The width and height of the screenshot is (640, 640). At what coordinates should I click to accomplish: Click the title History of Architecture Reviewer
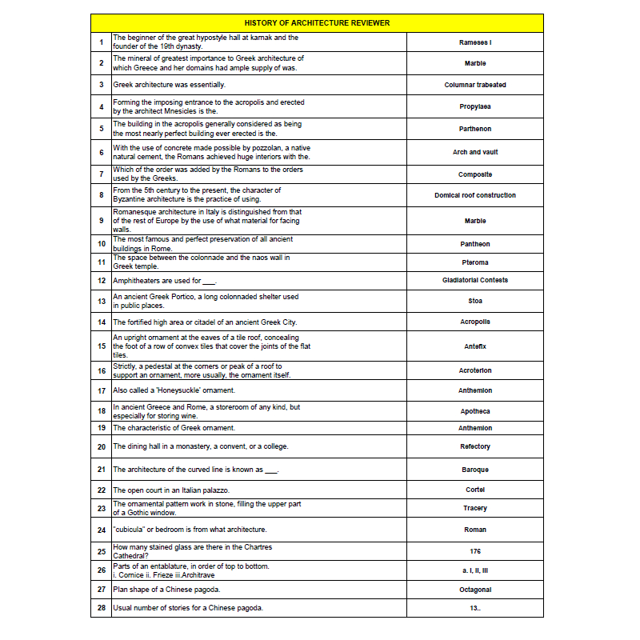pos(317,23)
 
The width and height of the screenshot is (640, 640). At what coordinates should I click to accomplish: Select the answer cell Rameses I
pos(475,42)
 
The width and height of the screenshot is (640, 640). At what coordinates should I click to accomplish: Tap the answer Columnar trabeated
pos(475,85)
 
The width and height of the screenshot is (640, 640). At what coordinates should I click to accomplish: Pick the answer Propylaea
pos(475,106)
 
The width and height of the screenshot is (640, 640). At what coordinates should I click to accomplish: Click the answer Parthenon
pos(475,129)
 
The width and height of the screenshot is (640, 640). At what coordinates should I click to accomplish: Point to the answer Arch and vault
pos(475,152)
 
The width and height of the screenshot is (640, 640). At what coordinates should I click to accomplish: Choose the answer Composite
pos(475,174)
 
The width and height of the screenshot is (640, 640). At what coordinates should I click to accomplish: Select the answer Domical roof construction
pos(475,195)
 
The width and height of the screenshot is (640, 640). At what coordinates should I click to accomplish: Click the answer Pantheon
pos(475,244)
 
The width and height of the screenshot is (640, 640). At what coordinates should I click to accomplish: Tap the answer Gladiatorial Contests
pos(475,280)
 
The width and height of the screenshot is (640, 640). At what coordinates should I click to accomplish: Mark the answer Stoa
pos(475,301)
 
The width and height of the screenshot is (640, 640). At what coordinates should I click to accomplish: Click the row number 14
pos(102,322)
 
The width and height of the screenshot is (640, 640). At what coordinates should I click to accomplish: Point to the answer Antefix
pos(475,346)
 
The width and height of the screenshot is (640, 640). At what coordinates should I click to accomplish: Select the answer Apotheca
pos(475,411)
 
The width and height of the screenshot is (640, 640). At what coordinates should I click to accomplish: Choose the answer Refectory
pos(475,446)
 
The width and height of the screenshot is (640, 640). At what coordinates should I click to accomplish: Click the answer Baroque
pos(475,470)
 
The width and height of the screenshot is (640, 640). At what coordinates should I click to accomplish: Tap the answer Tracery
pos(475,508)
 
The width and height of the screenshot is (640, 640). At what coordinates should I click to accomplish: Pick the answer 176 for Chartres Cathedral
pos(475,551)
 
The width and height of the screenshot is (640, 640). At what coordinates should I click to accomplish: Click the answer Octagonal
pos(475,590)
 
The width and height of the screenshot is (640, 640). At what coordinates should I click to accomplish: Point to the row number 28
pos(102,608)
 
